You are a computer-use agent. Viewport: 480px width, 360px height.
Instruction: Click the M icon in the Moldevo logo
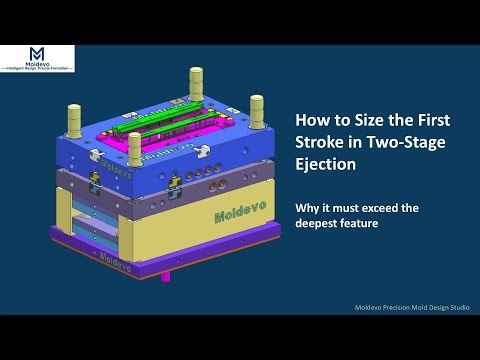(36, 53)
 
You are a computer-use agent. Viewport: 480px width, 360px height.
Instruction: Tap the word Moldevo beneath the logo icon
(36, 66)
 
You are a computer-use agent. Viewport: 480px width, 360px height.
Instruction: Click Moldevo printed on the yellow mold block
(238, 214)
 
